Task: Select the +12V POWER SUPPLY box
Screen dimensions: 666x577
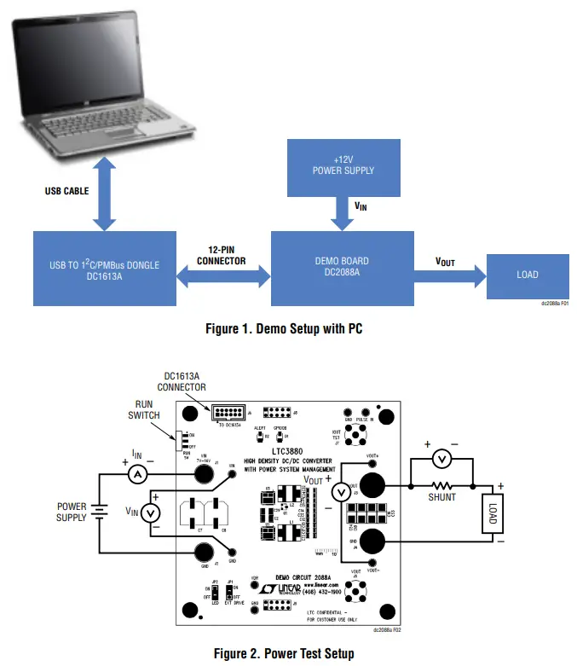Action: point(343,164)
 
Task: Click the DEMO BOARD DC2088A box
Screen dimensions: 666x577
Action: point(343,268)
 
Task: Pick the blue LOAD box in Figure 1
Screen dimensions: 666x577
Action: point(527,275)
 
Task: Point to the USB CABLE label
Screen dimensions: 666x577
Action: point(66,191)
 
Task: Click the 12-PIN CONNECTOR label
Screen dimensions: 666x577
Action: point(221,255)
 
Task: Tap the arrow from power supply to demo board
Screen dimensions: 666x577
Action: point(343,214)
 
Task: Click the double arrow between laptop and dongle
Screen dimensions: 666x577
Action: point(104,198)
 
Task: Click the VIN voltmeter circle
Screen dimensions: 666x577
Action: point(150,513)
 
